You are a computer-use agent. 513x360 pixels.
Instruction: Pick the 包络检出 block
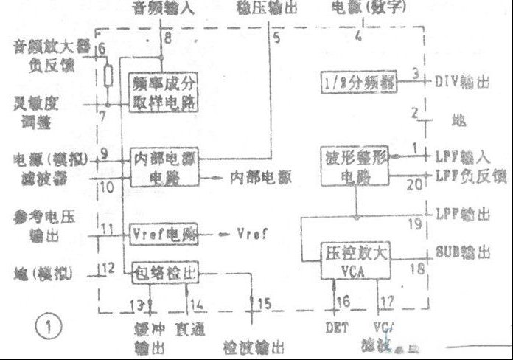tap(166, 271)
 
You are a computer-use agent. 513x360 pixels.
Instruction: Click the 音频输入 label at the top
tap(162, 10)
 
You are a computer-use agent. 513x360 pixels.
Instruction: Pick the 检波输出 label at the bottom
tap(256, 345)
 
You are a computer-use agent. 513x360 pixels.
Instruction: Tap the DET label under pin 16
tap(335, 325)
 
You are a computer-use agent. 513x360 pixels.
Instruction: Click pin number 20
tap(416, 184)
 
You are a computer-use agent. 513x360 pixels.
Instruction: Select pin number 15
tap(265, 303)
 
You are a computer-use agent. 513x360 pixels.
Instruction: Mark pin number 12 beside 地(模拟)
tap(108, 268)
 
